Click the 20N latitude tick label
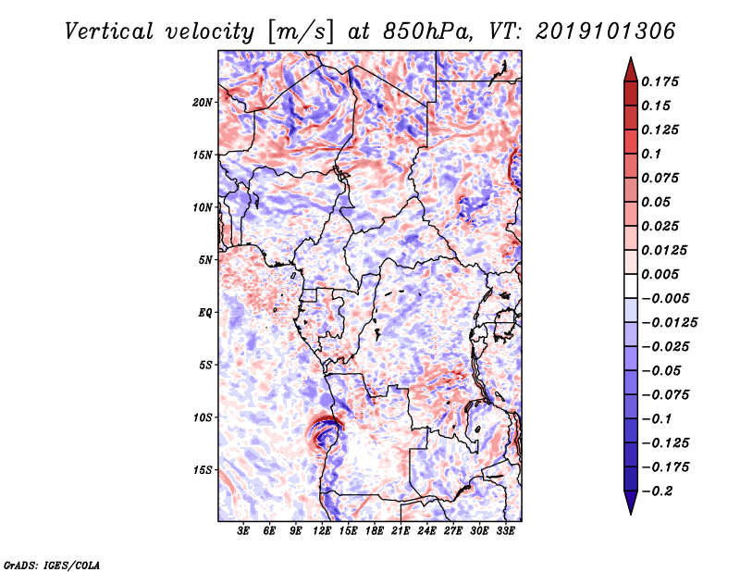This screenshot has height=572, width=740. [x=203, y=102]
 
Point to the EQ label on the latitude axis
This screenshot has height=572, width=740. [x=204, y=312]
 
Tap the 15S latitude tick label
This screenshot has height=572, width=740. [x=203, y=469]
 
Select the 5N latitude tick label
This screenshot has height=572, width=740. [x=205, y=259]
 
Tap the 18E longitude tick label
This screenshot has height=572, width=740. [x=375, y=531]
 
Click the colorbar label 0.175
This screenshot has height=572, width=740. [x=661, y=81]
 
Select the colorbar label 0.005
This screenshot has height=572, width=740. [x=661, y=274]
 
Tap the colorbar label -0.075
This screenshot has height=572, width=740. [x=665, y=394]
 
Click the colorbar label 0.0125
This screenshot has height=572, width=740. [x=665, y=250]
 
